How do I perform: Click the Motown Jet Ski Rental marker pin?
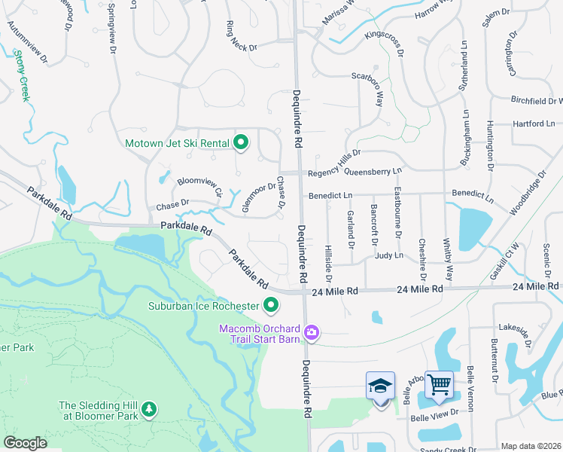(241, 142)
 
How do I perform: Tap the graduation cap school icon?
(380, 386)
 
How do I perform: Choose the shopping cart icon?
(439, 386)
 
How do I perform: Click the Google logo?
(26, 443)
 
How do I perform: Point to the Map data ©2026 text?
(531, 446)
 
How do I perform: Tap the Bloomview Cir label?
(199, 186)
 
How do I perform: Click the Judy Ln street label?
(388, 256)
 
